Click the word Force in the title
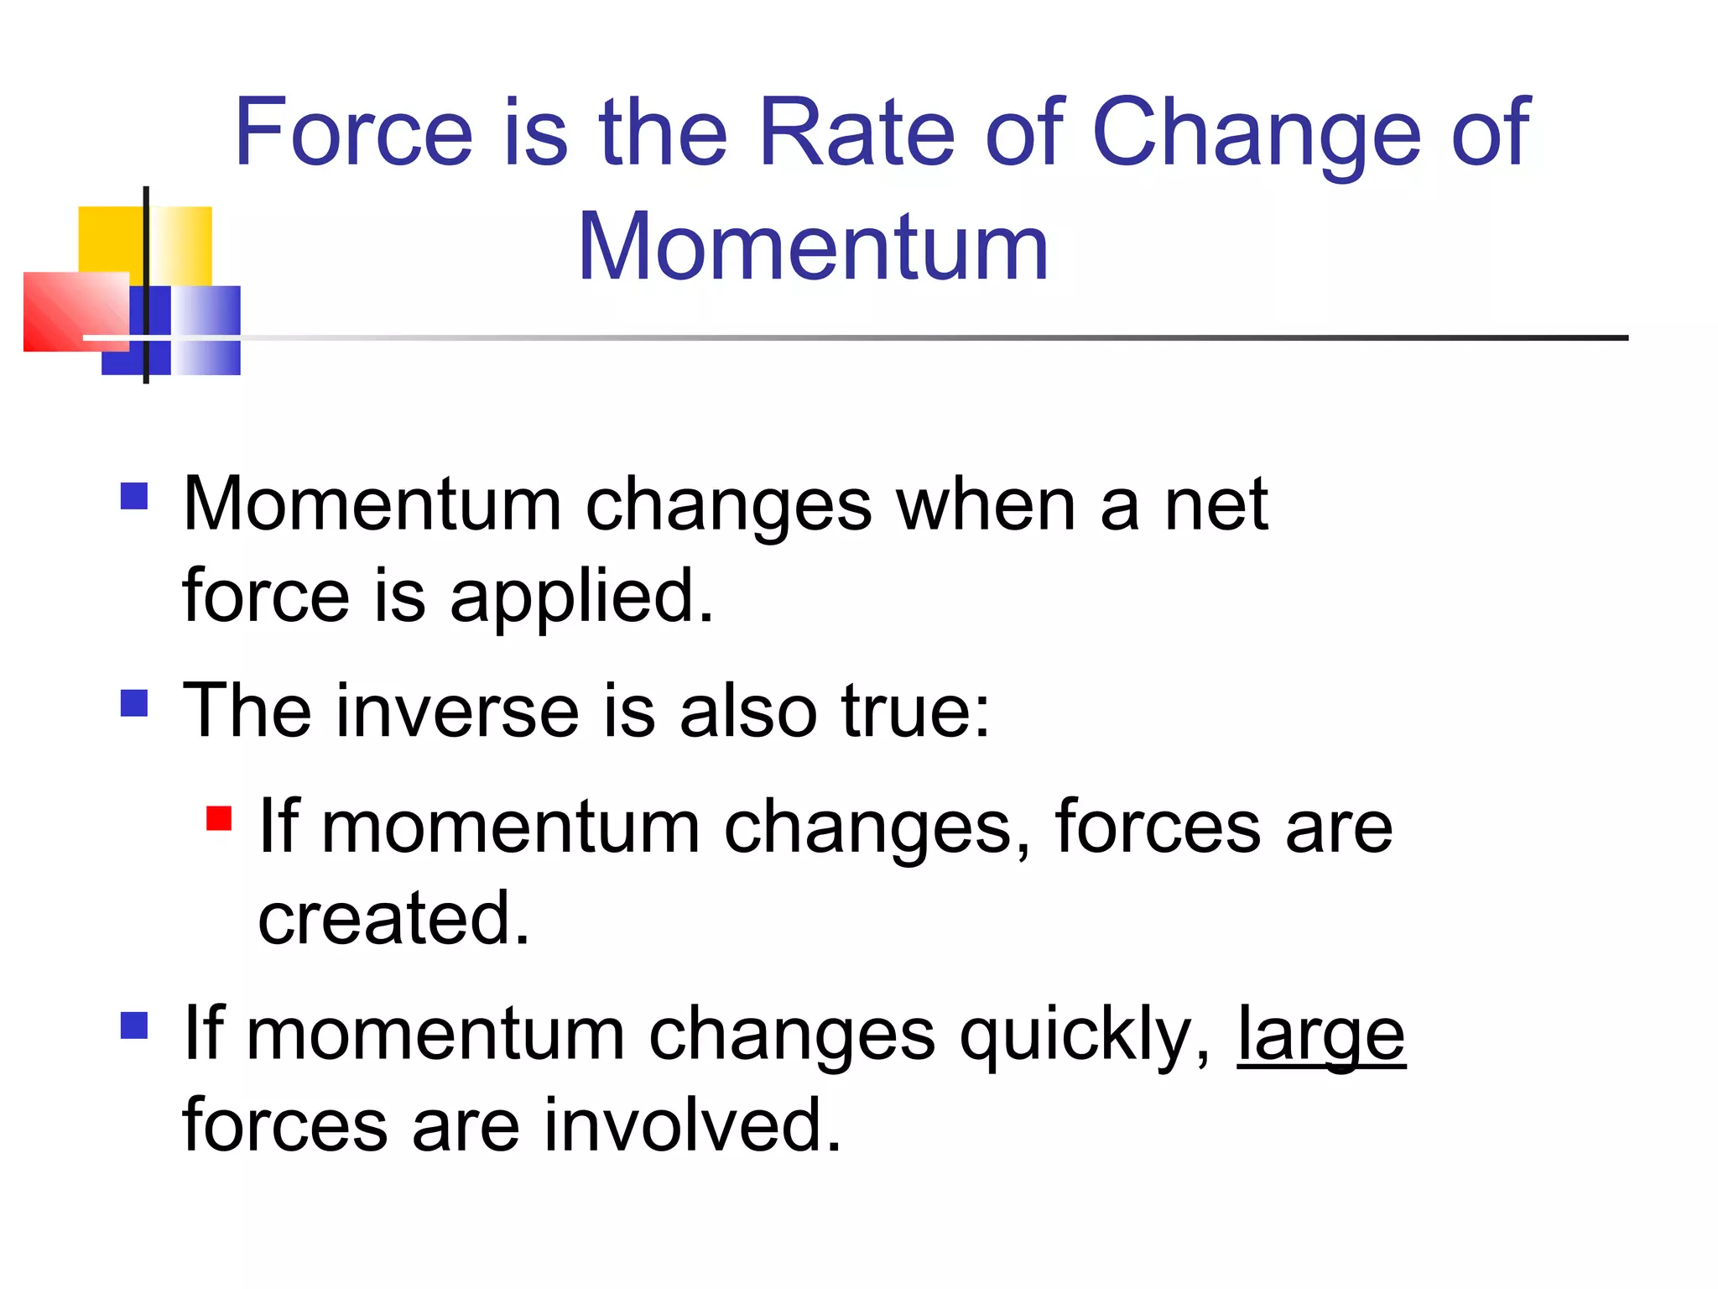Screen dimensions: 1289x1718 pos(353,132)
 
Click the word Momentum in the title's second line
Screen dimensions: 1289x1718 pos(813,247)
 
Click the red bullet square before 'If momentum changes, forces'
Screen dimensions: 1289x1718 pos(219,817)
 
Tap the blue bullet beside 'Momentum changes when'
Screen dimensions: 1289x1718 pos(134,495)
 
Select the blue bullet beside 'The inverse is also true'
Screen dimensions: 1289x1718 pos(134,702)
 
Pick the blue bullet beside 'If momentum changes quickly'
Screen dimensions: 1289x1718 pos(134,1025)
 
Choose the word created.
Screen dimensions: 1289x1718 pos(393,918)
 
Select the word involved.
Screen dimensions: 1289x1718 pos(692,1125)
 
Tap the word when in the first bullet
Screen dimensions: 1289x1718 pos(986,505)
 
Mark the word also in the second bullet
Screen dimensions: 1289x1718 pos(747,712)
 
